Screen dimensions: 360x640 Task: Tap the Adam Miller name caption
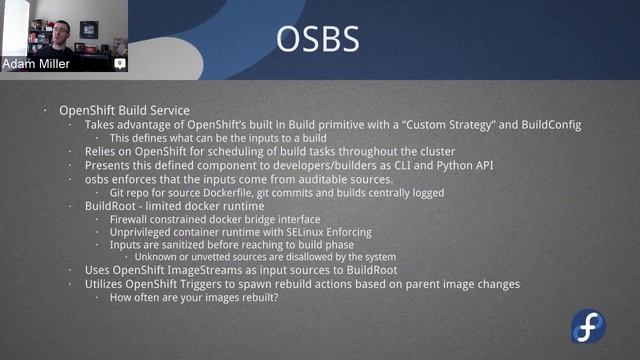[36, 64]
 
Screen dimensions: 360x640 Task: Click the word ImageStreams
[226, 271]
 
